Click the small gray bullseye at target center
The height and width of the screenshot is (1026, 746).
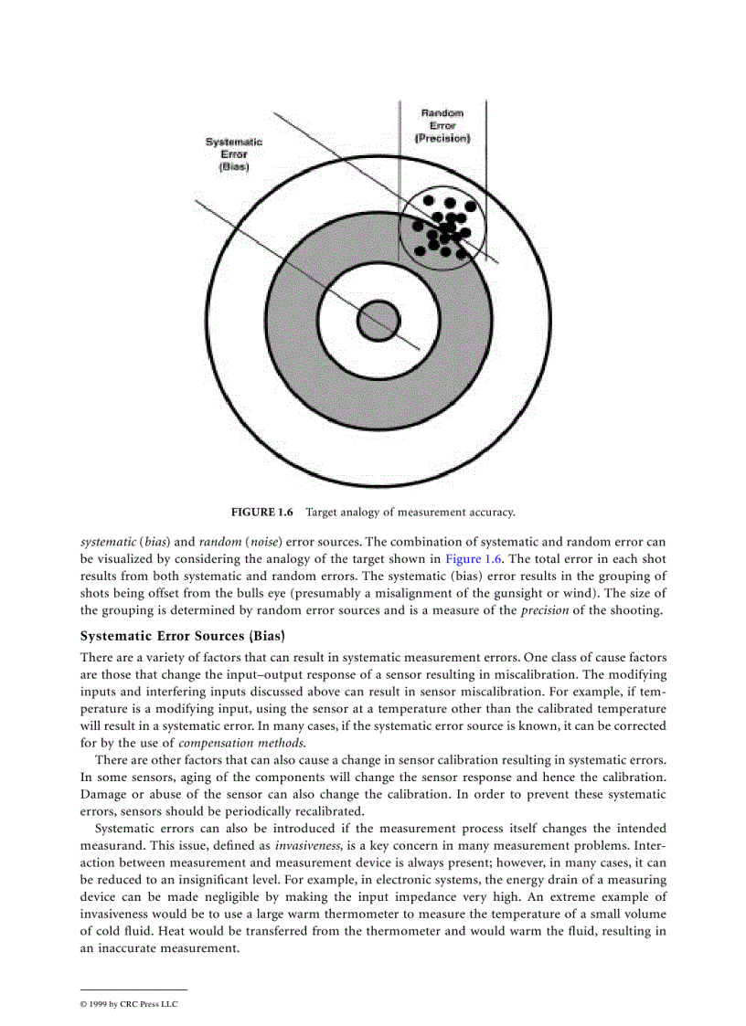[x=378, y=320]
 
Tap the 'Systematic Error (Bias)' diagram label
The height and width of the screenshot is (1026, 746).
[x=233, y=155]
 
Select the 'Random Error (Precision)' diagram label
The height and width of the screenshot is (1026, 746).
[x=442, y=126]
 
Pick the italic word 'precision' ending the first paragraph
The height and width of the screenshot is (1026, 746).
[x=545, y=610]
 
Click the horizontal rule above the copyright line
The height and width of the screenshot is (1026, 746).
[x=134, y=989]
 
